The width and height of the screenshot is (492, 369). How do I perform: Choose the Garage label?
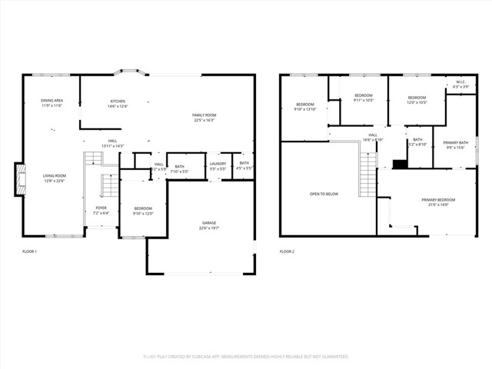click(209, 224)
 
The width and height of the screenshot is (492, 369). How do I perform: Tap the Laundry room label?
click(218, 165)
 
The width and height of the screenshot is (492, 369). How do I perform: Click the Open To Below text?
click(324, 194)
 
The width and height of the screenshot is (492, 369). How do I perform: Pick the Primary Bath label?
click(455, 145)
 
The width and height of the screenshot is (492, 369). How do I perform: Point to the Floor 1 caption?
click(29, 251)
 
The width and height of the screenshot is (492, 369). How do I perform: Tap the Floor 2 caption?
click(287, 251)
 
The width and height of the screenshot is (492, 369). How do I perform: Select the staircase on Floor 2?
click(368, 174)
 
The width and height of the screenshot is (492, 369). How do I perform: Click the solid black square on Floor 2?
click(399, 164)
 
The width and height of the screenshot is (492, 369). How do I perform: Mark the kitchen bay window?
click(129, 73)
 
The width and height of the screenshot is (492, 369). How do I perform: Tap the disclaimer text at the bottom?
click(246, 357)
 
